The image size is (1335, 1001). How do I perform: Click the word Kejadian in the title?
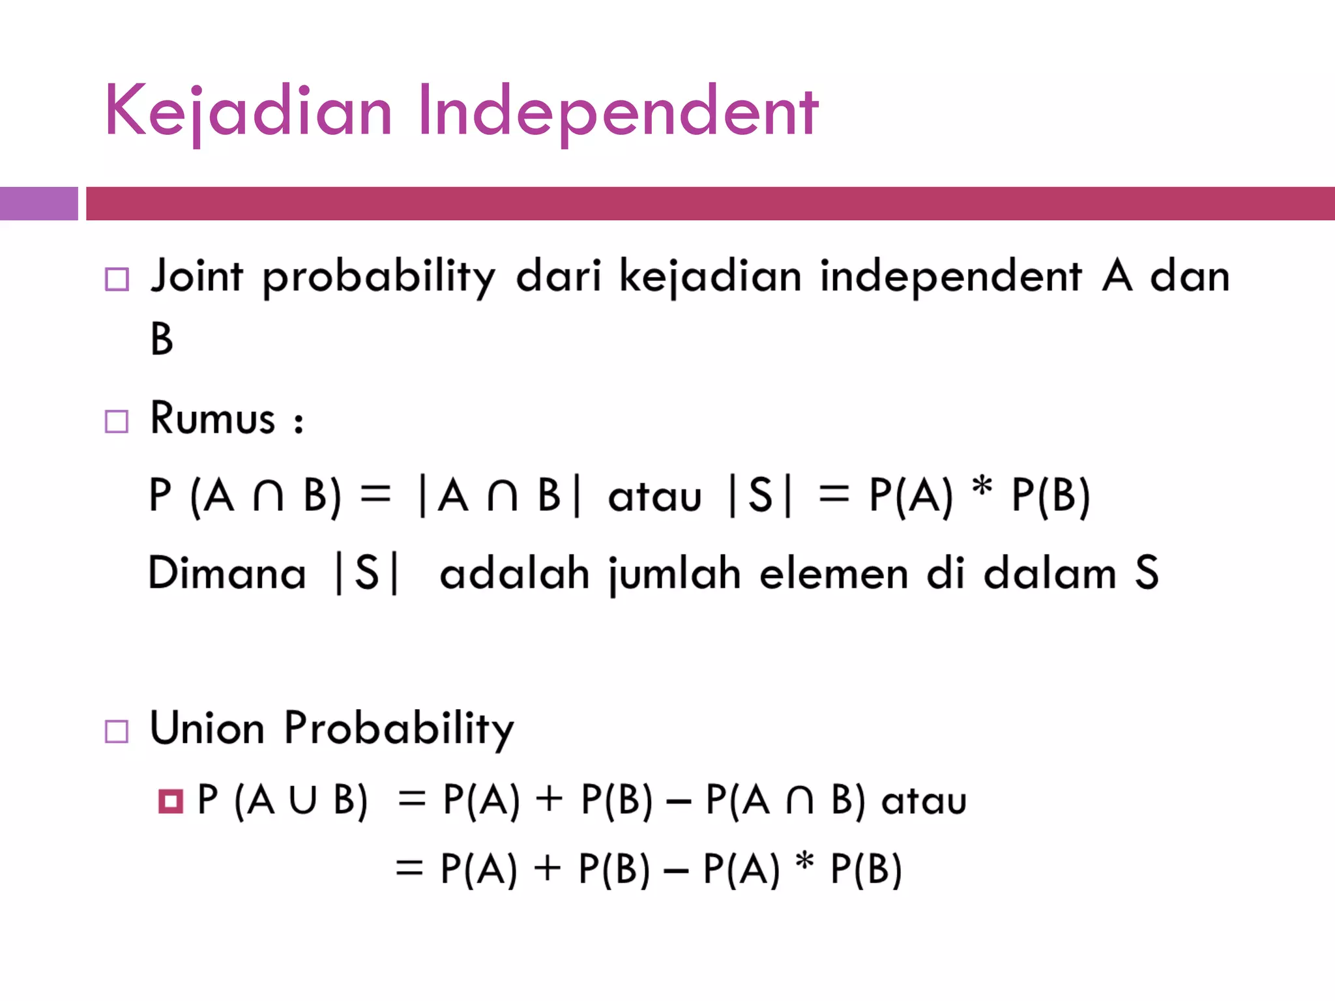tap(248, 112)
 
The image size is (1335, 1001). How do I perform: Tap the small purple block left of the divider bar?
tap(38, 203)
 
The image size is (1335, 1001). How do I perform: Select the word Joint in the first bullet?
tap(196, 276)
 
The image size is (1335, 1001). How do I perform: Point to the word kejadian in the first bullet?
tap(710, 276)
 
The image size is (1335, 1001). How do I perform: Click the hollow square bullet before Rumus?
tap(117, 422)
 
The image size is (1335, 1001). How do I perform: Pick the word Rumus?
tap(213, 418)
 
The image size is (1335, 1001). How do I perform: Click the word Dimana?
tap(227, 573)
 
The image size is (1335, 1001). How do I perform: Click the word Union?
tap(207, 729)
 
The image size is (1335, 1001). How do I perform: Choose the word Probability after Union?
tap(399, 729)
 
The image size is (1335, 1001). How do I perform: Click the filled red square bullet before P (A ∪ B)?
tap(171, 801)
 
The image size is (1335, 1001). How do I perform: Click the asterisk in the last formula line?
tap(805, 862)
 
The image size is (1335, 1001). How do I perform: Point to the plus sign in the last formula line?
tap(548, 869)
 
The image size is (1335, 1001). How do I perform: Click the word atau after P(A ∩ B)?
tap(924, 801)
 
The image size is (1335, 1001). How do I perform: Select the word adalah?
tap(514, 573)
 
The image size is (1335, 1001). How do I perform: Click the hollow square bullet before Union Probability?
tap(117, 732)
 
